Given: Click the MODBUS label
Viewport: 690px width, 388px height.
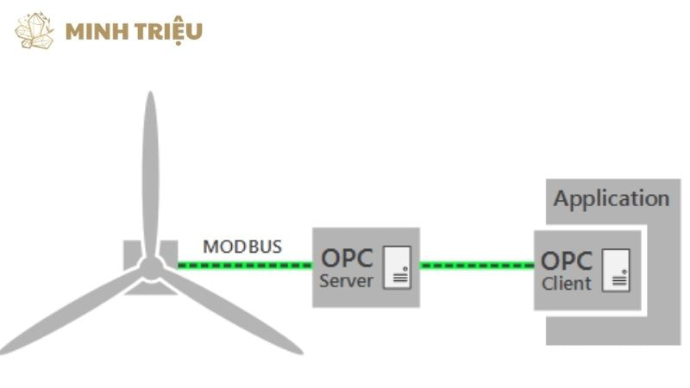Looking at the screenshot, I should coord(241,247).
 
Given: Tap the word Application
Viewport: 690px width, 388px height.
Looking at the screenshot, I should coord(611,199).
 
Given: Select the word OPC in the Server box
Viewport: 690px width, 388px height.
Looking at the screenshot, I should coord(347,258).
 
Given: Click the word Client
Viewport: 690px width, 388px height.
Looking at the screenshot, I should coord(567,284).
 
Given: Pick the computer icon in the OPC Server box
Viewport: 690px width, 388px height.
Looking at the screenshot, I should coord(397,267).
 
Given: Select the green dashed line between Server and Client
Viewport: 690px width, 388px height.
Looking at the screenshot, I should coord(477,266).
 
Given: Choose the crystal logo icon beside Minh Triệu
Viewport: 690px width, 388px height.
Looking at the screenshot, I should coord(34,31).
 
